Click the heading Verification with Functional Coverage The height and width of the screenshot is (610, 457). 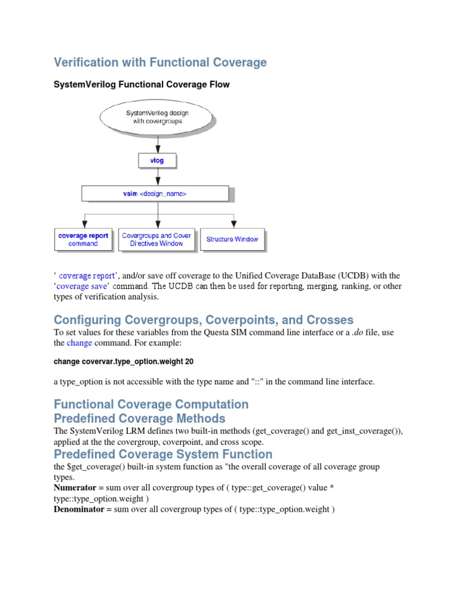tap(160, 63)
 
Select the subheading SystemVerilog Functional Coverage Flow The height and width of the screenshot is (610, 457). tap(142, 85)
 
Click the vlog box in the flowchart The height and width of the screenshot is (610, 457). tap(157, 161)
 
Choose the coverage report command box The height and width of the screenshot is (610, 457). tap(83, 239)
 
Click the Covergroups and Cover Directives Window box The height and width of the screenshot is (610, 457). tap(156, 239)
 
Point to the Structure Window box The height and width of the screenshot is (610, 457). tap(232, 239)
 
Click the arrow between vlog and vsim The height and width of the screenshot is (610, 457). tap(158, 176)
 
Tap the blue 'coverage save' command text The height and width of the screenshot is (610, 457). tap(82, 286)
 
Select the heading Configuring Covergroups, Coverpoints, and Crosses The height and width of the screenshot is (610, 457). tap(204, 320)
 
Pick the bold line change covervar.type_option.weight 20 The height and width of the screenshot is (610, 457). tap(124, 362)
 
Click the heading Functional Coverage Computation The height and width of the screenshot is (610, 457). tap(151, 404)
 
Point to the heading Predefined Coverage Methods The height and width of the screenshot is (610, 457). tap(140, 418)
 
